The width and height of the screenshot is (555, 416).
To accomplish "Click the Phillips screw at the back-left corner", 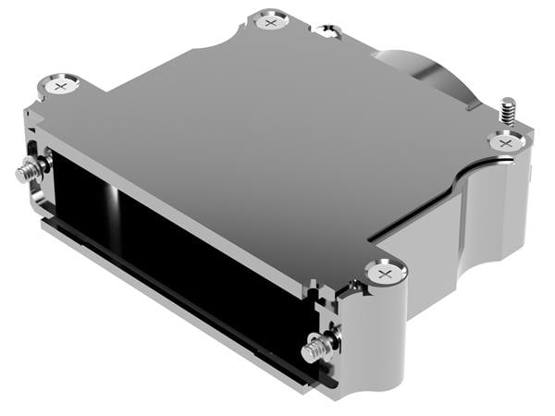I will coord(62,86).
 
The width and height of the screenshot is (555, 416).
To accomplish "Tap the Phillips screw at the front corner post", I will coord(385,272).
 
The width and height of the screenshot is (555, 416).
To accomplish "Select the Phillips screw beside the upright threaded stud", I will coord(504,143).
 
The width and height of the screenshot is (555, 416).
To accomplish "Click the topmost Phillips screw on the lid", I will coord(269,20).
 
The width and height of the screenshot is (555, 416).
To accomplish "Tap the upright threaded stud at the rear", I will coord(507,111).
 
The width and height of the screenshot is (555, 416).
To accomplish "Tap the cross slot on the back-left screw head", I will coord(62,86).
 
